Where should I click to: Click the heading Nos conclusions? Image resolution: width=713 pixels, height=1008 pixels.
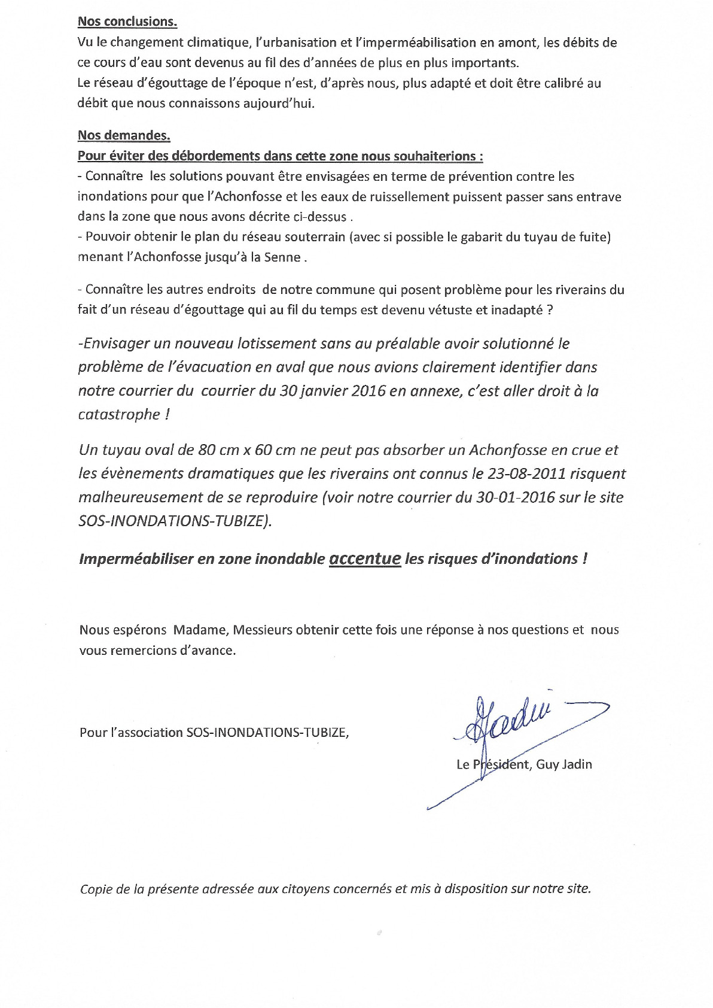click(x=127, y=22)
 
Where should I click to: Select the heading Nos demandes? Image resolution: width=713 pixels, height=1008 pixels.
click(x=124, y=135)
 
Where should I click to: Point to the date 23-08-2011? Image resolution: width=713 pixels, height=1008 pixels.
click(x=526, y=473)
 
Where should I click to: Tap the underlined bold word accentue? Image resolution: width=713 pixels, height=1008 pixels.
click(x=365, y=558)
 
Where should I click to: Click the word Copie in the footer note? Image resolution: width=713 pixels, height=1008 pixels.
click(x=97, y=889)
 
